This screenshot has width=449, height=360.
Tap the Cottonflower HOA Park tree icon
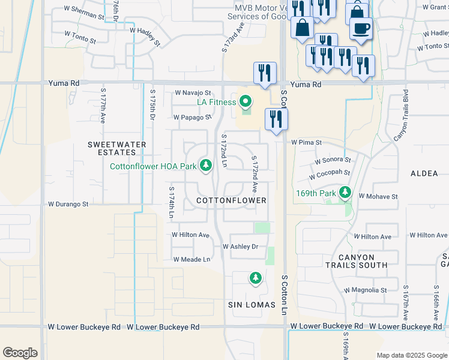206,165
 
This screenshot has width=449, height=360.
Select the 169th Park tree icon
345,193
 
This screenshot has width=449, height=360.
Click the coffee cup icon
361,28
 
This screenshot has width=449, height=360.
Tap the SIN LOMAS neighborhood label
252,305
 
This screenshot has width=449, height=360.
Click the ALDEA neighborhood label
424,173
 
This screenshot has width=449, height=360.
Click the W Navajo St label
193,93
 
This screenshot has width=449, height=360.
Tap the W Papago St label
192,118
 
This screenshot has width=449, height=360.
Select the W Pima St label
307,143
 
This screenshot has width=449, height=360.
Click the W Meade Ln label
191,259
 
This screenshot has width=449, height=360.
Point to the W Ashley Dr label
240,247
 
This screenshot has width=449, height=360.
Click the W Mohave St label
378,196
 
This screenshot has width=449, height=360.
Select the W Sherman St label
85,13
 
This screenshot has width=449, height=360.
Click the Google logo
20,353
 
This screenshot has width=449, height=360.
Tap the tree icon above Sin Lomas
256,278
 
